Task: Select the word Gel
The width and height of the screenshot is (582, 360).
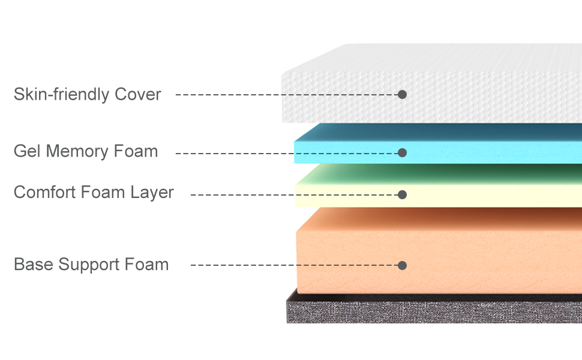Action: click(27, 151)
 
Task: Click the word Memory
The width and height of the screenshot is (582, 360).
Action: click(76, 151)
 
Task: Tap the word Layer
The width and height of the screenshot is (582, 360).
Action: click(152, 193)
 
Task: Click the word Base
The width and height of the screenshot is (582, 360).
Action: click(33, 265)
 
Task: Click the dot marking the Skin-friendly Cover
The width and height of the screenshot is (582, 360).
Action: click(403, 95)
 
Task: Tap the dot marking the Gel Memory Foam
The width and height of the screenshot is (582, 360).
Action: click(403, 153)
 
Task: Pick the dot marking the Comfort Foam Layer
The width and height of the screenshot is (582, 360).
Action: click(403, 195)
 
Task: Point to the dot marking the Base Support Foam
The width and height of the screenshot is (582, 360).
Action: click(403, 265)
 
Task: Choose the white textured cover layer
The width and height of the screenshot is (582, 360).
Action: click(480, 90)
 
